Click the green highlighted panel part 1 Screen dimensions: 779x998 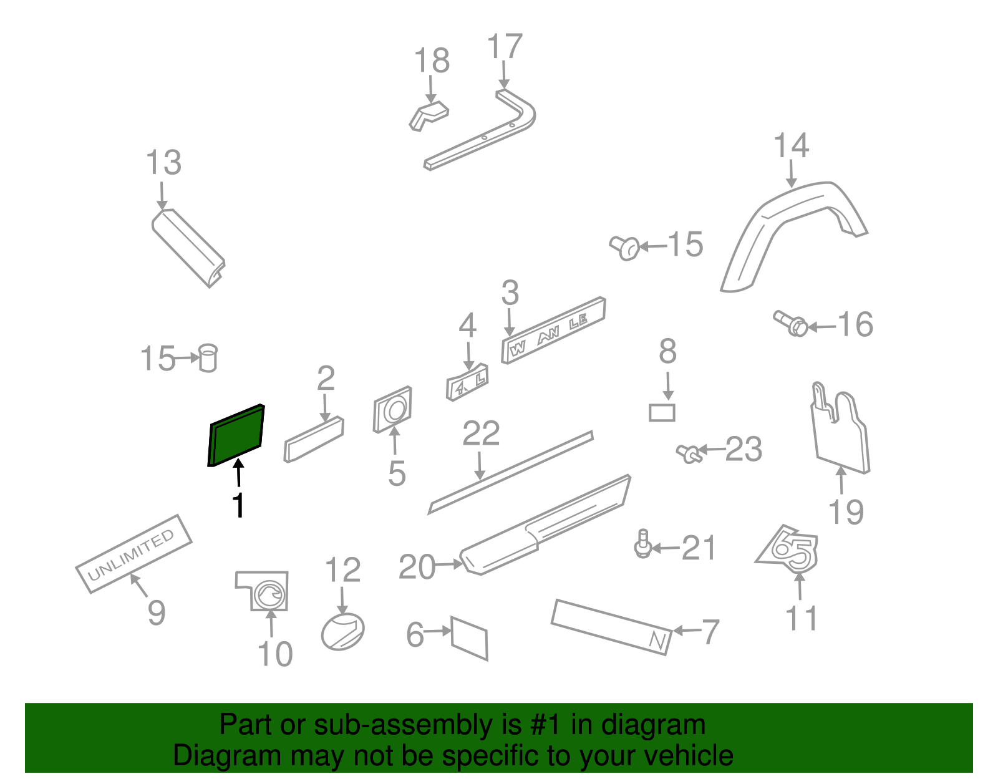tap(236, 435)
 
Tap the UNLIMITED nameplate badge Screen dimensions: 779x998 tap(133, 554)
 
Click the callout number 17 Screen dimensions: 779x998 tap(504, 47)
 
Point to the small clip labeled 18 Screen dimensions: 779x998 tap(429, 116)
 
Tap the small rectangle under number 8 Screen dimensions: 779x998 tap(662, 413)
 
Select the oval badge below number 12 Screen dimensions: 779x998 tap(342, 632)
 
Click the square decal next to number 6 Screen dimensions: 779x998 tap(469, 638)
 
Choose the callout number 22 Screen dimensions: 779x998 tap(481, 433)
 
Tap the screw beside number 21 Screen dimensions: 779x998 tap(642, 544)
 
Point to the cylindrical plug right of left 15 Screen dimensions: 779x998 tap(208, 358)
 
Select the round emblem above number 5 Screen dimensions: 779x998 tap(393, 409)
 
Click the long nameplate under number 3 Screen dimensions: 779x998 tap(553, 330)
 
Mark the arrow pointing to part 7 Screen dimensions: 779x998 tap(686, 631)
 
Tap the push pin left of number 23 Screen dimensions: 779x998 tap(688, 453)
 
